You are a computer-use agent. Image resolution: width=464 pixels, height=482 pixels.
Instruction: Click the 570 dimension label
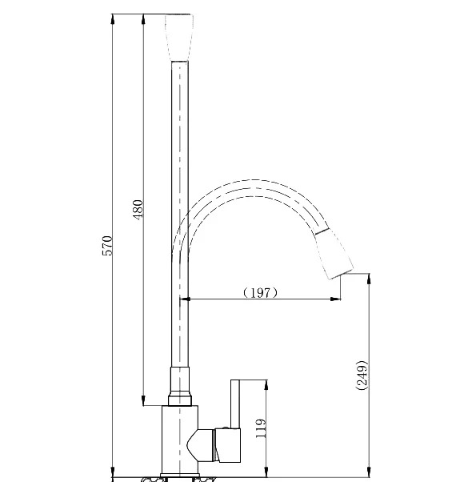point(107,246)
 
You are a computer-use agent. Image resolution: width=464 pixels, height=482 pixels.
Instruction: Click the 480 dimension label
point(138,209)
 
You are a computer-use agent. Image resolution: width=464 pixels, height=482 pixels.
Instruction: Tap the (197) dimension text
point(260,293)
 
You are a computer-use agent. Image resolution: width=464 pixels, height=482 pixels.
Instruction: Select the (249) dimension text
point(362,376)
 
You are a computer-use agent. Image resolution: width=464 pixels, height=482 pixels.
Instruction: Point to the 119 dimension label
point(261,428)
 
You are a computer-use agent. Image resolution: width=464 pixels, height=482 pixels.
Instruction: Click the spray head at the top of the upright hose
point(179,38)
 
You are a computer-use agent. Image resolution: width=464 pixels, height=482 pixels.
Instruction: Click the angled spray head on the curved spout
point(334,254)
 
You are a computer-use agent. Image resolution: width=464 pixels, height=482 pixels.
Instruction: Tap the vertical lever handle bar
point(235,404)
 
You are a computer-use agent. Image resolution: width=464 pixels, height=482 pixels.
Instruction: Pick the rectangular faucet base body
point(180,441)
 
